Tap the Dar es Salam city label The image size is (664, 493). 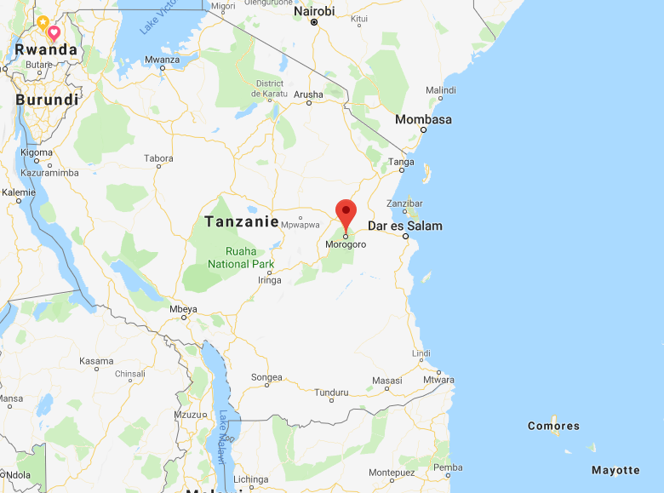pos(404,226)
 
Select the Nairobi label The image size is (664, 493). pos(314,11)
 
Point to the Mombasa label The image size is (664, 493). pos(423,119)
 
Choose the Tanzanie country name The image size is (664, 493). pos(242,221)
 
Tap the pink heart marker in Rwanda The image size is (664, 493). pos(54,32)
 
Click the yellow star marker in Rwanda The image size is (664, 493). pos(43,20)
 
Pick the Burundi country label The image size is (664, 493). pos(47,100)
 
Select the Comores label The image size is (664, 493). pos(553,426)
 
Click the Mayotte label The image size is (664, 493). pos(615,470)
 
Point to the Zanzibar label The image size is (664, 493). pos(404,204)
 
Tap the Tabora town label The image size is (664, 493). pos(158,158)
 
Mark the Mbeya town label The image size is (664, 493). pos(184,308)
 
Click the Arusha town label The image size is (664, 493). pos(308,94)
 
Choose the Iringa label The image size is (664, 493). pos(269,280)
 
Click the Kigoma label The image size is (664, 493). pos(37,152)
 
